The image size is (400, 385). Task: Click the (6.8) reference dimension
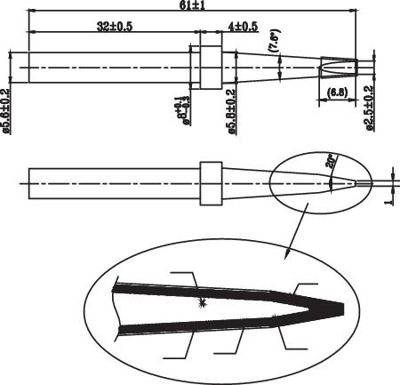(337, 93)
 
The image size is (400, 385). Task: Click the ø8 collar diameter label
(183, 113)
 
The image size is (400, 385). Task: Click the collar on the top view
(209, 68)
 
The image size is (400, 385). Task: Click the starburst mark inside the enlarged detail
(203, 303)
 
